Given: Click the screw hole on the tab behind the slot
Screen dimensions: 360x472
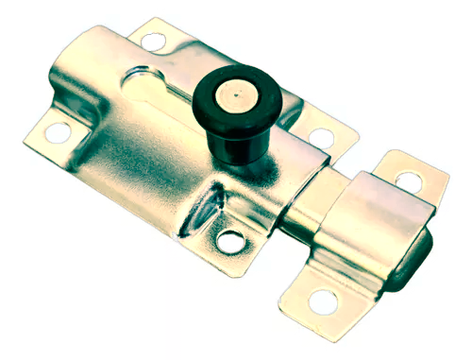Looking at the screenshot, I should pyautogui.click(x=152, y=41).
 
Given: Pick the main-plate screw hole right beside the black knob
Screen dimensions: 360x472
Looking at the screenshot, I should pyautogui.click(x=319, y=136).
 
